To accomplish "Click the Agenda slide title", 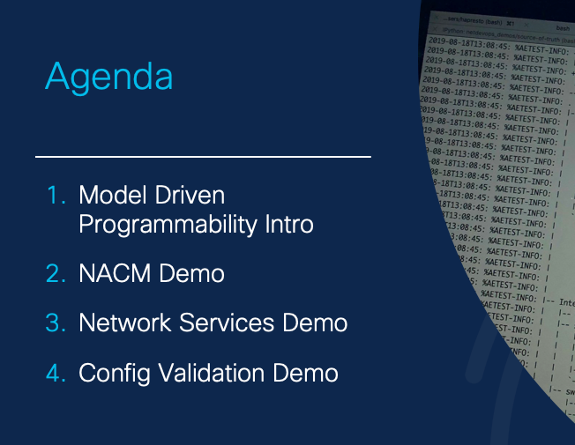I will (x=108, y=78).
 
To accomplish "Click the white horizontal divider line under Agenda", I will (x=203, y=157).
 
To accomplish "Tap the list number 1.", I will (x=56, y=195).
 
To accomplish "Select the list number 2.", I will (x=56, y=274).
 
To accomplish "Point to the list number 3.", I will (x=56, y=323).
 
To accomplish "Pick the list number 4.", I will (x=56, y=373).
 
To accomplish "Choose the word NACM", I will (x=115, y=274).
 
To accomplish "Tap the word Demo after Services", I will (x=314, y=323).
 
